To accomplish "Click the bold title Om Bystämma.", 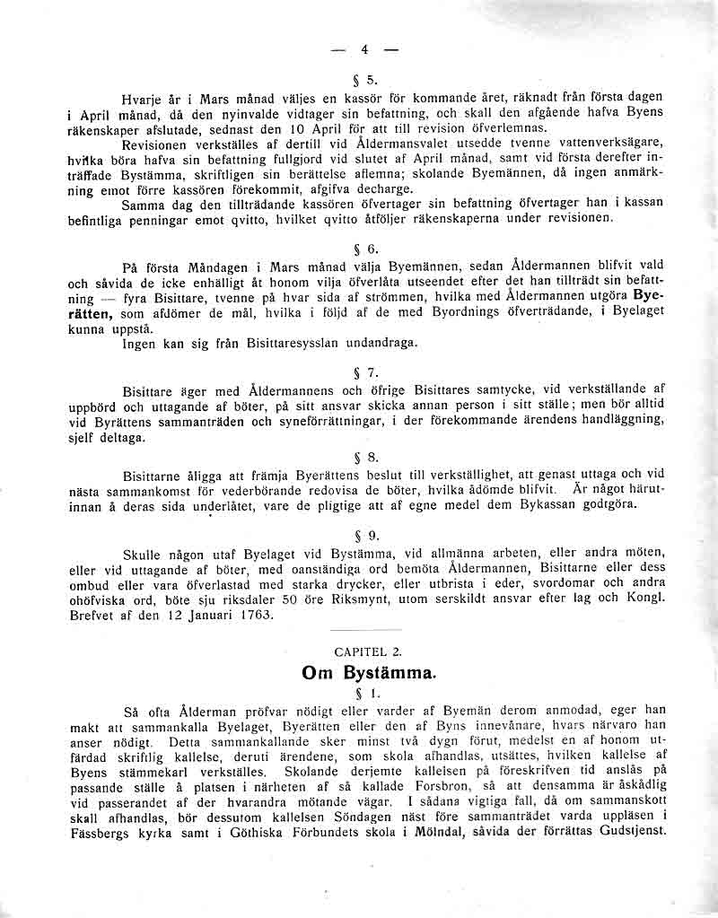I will pyautogui.click(x=369, y=671).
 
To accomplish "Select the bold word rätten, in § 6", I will pyautogui.click(x=90, y=313).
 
